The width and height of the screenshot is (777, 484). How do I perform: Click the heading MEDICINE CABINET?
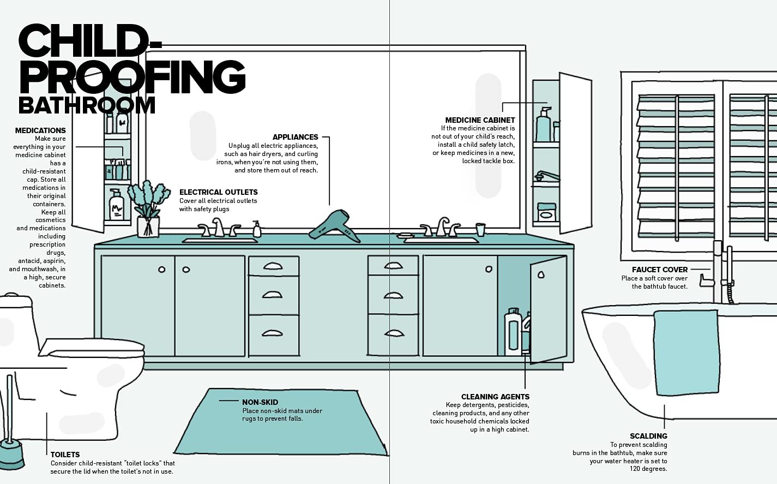480,120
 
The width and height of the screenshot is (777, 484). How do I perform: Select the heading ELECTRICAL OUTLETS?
218,192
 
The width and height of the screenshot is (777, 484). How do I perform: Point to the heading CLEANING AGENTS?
495,397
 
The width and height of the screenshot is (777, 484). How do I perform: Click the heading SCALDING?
648,436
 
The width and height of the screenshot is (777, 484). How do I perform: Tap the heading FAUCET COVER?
660,270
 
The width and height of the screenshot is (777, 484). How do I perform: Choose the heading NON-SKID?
260,402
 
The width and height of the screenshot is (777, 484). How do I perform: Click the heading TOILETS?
65,455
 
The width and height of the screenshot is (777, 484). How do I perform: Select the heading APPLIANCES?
295,137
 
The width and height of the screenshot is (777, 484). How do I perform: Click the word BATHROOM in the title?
87,105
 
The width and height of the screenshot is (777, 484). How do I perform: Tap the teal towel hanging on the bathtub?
686,352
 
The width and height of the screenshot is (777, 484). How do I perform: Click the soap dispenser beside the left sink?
257,229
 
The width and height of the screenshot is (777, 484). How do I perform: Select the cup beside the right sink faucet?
480,229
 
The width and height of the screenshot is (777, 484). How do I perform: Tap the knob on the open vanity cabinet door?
541,274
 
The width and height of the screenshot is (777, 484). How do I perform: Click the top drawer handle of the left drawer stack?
273,266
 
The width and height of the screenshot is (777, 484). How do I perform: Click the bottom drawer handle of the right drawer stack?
393,333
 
